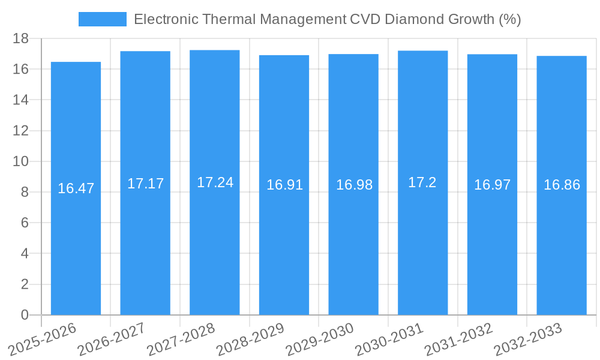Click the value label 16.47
tap(76, 188)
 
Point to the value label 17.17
tap(145, 184)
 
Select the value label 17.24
tap(215, 182)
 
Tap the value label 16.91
tap(284, 185)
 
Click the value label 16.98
tap(354, 185)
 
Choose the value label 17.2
tap(422, 182)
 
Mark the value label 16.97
tap(492, 185)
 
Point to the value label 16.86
tap(562, 185)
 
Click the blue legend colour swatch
tap(103, 19)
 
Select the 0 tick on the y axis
tap(25, 315)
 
